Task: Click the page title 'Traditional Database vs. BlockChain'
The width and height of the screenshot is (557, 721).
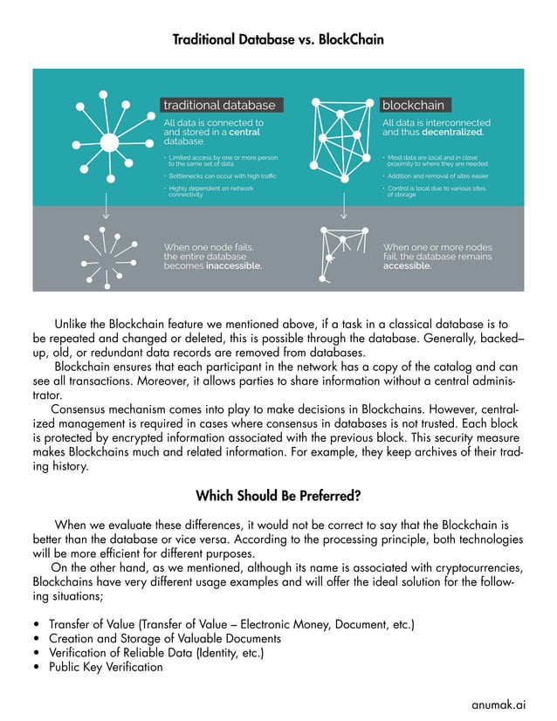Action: coord(278,40)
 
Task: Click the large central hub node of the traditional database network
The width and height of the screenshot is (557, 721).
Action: coord(110,143)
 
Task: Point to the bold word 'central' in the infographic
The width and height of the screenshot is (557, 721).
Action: coord(244,132)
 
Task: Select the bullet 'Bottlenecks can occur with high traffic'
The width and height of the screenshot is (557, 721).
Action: coord(222,175)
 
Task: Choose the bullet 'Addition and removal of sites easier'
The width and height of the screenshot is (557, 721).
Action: coord(437,175)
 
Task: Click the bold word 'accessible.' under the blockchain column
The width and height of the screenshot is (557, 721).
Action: coord(407,266)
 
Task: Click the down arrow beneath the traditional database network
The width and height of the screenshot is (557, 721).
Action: coord(106,208)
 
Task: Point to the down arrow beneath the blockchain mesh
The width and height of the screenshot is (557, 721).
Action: coord(344,208)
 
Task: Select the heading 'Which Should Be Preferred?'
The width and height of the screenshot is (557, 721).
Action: coord(278,496)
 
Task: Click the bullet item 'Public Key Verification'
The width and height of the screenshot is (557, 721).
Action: coord(106,667)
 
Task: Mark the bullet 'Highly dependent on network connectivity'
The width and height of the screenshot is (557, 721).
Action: coord(210,191)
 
